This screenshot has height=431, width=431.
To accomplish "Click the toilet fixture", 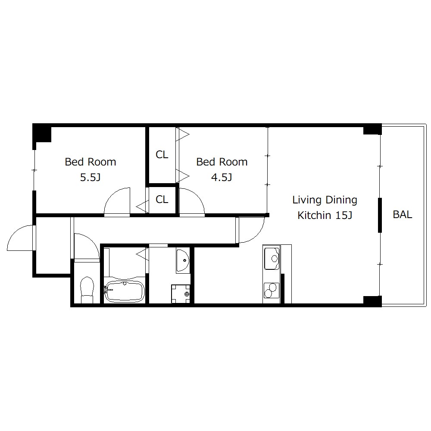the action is point(87,290).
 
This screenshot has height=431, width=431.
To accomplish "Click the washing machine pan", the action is point(181,294).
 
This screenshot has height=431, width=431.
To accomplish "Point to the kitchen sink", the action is point(272,258).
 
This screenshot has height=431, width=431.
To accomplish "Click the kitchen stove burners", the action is point(272,290).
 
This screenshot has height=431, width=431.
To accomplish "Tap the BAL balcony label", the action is point(403,214).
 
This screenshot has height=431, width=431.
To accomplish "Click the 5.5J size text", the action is point(91,177).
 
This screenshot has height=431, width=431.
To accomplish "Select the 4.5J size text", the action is point(222,177).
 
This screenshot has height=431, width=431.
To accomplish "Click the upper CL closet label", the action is point(162,154).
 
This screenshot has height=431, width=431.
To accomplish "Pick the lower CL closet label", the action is point(162,199).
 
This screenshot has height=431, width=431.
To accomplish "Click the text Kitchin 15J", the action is point(325,215).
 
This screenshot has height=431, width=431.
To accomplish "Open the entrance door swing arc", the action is point(14,234).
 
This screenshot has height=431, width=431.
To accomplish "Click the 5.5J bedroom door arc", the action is point(111,195).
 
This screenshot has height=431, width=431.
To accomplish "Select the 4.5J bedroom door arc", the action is point(197,195).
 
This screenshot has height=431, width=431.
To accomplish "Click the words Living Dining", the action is point(325,200).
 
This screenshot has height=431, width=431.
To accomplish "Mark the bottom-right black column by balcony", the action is point(372,301).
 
